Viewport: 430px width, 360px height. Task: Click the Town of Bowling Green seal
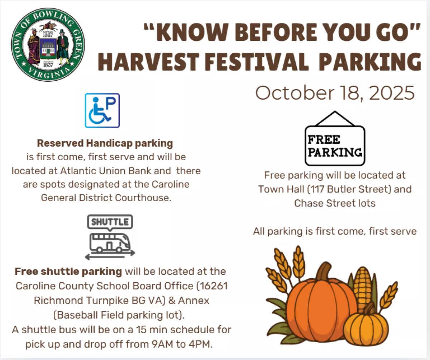tap(48, 44)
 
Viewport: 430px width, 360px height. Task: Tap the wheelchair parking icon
tap(102, 111)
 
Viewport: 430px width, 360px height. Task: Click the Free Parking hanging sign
tap(335, 138)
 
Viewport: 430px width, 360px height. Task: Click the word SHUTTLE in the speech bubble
tap(110, 222)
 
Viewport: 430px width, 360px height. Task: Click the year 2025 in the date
tap(392, 93)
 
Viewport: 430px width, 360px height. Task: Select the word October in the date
tap(295, 93)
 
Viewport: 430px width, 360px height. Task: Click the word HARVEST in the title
tap(148, 62)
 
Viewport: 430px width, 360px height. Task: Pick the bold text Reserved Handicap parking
tap(105, 144)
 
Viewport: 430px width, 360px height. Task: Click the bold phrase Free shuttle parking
tap(68, 272)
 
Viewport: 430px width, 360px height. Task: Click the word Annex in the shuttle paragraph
tap(193, 301)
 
